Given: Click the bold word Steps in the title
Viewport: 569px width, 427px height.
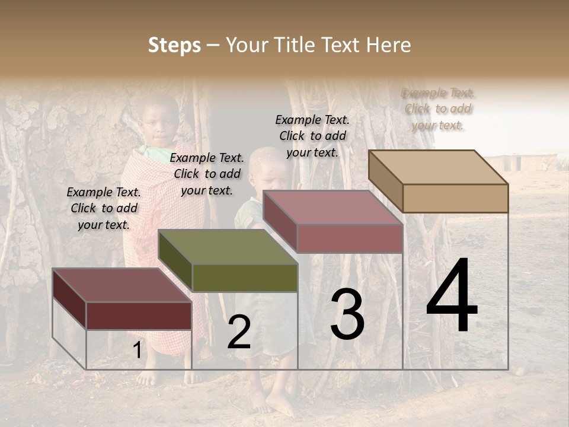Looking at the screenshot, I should (174, 45).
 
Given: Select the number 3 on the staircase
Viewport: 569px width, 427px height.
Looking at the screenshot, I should (347, 314).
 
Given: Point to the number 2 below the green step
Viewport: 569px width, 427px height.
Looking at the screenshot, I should (239, 332).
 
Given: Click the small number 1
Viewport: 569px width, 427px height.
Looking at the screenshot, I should (138, 350).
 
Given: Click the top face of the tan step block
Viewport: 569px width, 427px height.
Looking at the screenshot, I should (439, 167).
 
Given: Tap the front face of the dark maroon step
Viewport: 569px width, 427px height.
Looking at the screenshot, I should (139, 316).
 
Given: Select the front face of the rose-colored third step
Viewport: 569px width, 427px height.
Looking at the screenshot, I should (350, 238).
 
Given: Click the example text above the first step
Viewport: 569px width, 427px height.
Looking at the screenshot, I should (104, 208).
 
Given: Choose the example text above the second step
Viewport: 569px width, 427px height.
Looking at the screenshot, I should (207, 174).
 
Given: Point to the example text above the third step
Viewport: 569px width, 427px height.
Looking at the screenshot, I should (312, 136).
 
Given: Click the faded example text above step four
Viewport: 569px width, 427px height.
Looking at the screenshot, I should (438, 109).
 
